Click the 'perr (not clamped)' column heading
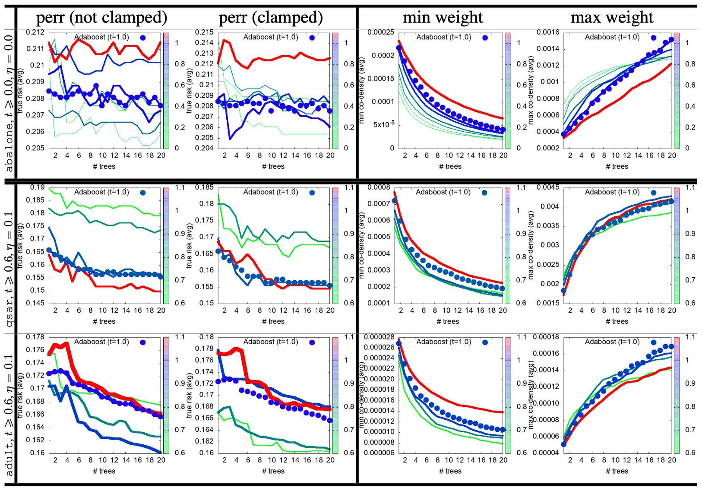coord(102,18)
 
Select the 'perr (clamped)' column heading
coord(271,18)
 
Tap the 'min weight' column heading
coord(443,18)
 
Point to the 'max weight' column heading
coord(612,18)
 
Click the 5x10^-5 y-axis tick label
coord(384,125)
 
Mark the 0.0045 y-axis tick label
coord(548,187)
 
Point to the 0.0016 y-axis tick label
coord(548,32)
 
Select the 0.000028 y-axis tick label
coord(379,337)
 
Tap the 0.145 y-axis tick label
coord(35,303)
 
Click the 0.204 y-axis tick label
coord(205,148)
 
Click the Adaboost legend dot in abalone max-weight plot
coord(654,38)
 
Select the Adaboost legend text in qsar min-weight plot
coord(443,192)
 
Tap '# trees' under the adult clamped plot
coord(273,471)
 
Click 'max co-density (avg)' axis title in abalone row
coord(531,91)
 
